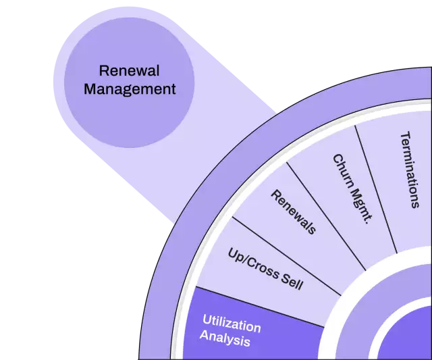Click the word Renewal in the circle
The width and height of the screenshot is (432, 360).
129,70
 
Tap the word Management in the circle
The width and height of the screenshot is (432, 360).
129,88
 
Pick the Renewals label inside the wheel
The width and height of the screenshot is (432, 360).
294,211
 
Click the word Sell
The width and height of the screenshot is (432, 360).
291,280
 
